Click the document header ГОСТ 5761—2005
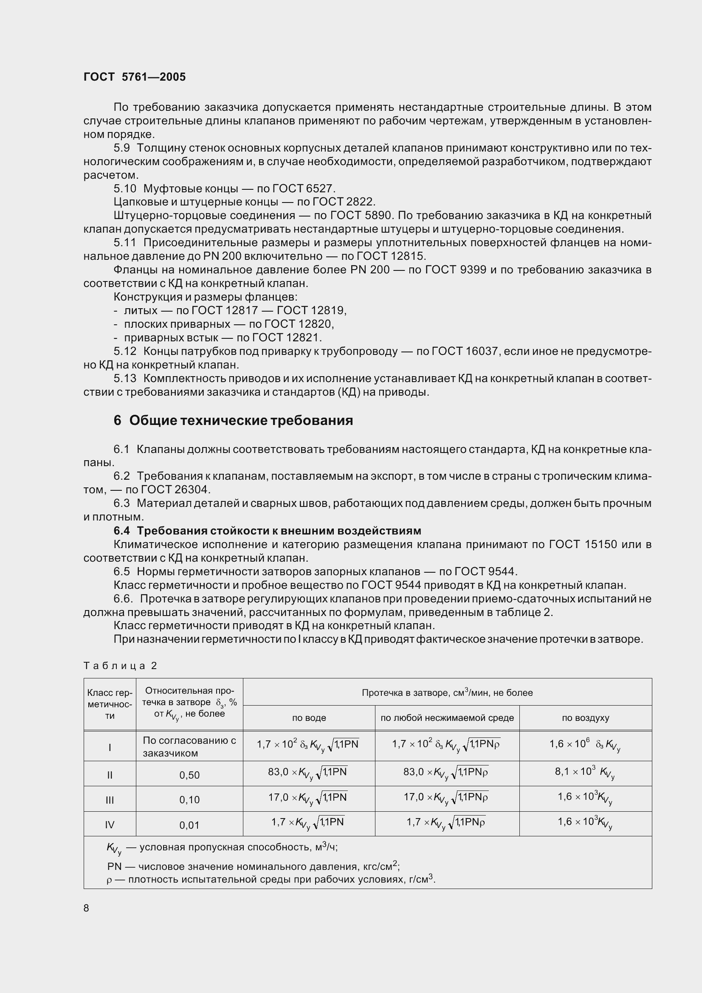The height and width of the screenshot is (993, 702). point(135,77)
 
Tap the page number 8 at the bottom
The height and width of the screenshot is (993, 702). point(86,908)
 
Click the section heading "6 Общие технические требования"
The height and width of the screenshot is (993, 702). point(233,420)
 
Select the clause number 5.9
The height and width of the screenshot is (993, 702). point(121,148)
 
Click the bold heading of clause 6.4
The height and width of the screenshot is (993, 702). point(267,531)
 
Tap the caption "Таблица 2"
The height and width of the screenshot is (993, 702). point(120,666)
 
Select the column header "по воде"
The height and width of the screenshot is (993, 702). point(309,718)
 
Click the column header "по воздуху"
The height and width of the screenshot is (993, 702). point(585,718)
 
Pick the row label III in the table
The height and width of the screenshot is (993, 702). point(110,800)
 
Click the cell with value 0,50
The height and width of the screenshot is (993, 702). point(189,775)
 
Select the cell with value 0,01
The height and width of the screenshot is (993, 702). point(189,825)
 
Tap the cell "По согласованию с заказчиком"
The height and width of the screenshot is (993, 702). point(189,746)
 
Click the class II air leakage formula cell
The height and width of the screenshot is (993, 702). point(585,773)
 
